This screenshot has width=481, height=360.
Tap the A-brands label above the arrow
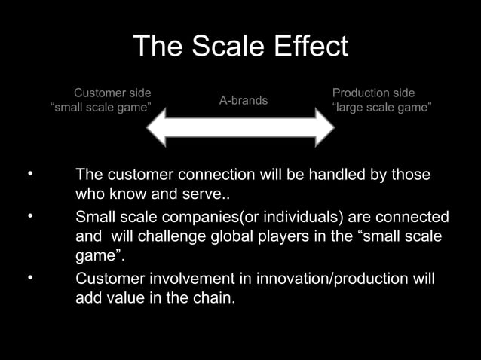(243, 100)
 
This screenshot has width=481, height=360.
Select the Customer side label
(112, 93)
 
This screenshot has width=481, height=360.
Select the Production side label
(373, 93)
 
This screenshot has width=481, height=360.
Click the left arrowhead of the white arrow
(158, 130)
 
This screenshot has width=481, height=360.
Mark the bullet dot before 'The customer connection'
(29, 175)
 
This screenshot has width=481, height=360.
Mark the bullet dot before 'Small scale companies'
(29, 217)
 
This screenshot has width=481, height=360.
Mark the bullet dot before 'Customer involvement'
(29, 278)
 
